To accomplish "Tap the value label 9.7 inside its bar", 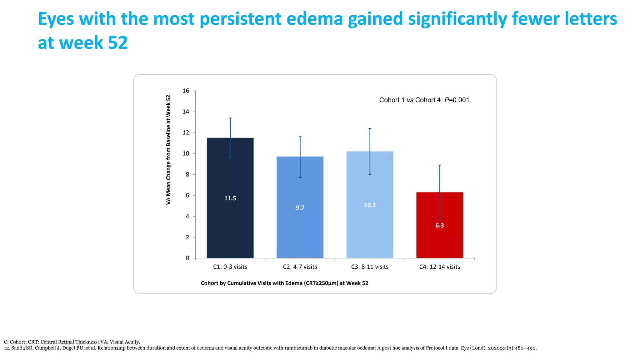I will point(300,208).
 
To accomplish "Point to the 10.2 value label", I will point(370,205).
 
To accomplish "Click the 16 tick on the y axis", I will point(186,91).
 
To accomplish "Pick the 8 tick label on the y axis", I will point(187,175).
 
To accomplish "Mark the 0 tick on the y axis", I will point(187,258).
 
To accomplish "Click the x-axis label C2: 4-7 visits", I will point(300,267).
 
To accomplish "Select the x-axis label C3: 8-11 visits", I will point(370,267).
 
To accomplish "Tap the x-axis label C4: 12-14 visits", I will point(439,267).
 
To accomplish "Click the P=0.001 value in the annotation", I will point(457,100).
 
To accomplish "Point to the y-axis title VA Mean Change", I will point(168,150).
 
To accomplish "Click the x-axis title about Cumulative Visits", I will point(284,283).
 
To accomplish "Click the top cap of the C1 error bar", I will point(230,118).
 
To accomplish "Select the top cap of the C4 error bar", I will point(440,165).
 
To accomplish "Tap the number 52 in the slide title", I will point(118,43).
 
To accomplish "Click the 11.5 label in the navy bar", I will point(230,198).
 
